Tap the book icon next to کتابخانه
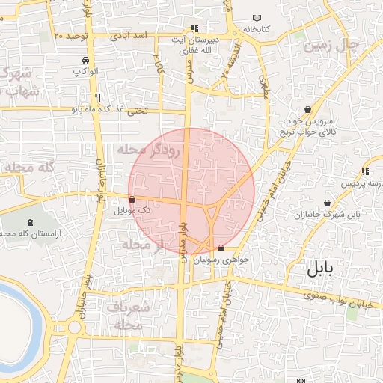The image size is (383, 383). point(258,18)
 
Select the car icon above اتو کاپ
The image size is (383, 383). point(87,60)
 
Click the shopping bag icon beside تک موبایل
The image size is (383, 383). point(132,200)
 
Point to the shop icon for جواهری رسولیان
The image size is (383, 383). point(220,248)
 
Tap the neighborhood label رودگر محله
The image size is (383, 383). point(150,150)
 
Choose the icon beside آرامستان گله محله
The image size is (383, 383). point(30,222)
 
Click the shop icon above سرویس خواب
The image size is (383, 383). point(308,109)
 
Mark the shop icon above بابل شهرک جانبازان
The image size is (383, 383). point(328,203)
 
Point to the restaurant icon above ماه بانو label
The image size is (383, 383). point(97,97)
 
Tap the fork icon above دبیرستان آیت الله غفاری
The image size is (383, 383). point(194,29)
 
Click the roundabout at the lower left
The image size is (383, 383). point(74,327)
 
